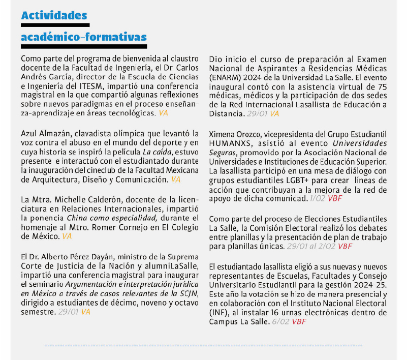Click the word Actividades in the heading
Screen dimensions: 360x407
54,16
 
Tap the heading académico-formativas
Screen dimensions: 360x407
84,37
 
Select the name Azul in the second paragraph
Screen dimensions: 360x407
29,133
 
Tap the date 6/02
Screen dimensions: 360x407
280,321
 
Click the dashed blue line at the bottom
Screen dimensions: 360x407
203,346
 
